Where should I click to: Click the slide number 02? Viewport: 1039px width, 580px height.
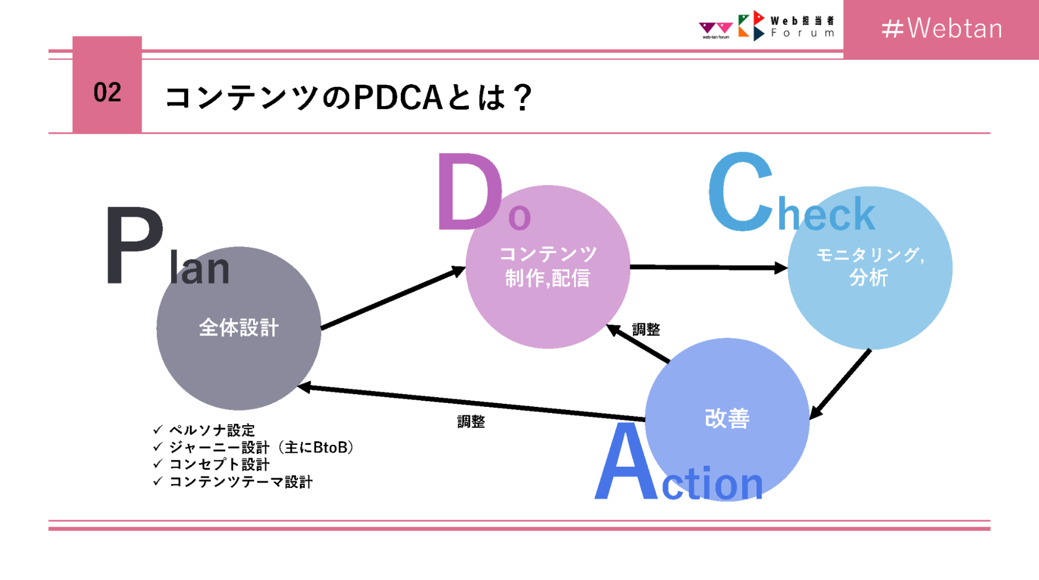tap(107, 93)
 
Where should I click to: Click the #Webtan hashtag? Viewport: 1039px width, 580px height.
tap(942, 29)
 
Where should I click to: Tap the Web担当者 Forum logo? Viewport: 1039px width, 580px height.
tap(786, 26)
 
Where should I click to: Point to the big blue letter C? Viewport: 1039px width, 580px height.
tap(741, 192)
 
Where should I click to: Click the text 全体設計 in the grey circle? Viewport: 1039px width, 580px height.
tap(239, 328)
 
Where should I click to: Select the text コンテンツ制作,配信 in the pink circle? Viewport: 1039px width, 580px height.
tap(548, 266)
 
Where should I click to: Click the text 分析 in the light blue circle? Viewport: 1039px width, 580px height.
tap(869, 278)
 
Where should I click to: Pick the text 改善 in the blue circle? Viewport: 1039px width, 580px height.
tap(727, 418)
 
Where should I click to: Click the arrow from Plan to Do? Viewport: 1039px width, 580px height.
tap(392, 299)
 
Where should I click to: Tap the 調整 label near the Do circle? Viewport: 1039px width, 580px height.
tap(646, 329)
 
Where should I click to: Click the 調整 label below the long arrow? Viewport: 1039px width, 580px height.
tap(471, 421)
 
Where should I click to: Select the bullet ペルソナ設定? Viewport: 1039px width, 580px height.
tap(212, 430)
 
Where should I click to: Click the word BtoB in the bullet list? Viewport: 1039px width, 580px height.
tap(330, 447)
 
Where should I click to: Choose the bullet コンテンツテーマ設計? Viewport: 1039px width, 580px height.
tap(241, 482)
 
